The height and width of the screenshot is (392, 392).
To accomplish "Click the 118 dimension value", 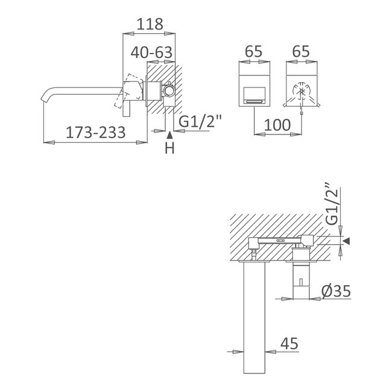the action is click(150, 24).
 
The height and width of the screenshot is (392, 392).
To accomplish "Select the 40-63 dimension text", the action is click(151, 52).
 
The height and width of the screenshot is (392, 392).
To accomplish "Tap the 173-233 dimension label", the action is click(95, 132).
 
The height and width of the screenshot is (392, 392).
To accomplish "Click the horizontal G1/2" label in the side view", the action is click(200, 122).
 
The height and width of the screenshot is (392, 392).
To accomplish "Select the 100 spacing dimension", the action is click(277, 125).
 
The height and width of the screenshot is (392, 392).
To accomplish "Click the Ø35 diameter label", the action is click(337, 291).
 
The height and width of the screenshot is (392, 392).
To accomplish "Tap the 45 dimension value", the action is click(289, 343).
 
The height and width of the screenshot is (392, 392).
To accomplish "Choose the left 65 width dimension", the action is click(253, 51).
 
